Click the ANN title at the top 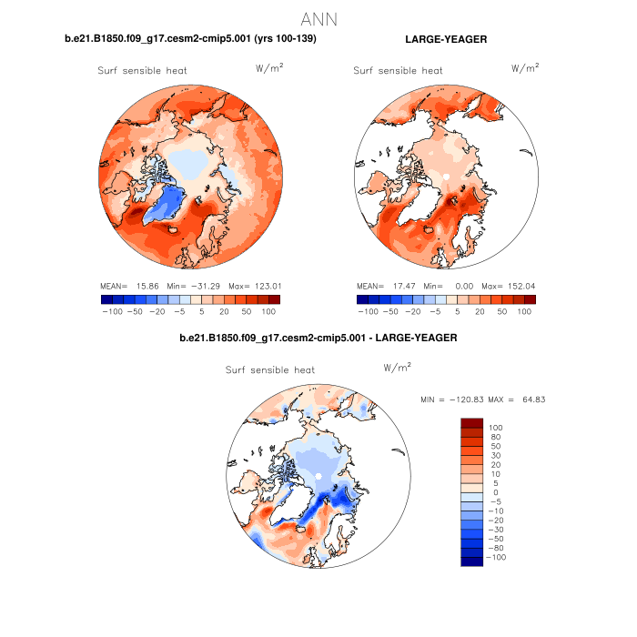click(318, 18)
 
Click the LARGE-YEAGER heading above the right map click(445, 39)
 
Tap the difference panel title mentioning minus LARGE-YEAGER click(318, 338)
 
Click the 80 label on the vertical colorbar click(495, 437)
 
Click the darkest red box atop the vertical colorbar click(471, 422)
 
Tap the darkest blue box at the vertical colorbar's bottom click(471, 561)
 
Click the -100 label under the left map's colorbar click(112, 311)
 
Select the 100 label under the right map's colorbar click(524, 311)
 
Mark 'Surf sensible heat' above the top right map click(398, 70)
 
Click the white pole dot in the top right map click(446, 174)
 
